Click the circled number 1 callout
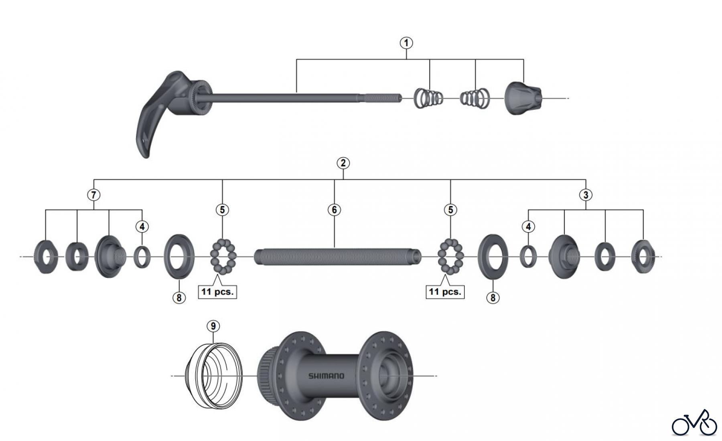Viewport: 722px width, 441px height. tap(406, 43)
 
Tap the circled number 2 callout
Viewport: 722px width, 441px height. tap(343, 163)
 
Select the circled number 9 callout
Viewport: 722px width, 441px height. tap(213, 326)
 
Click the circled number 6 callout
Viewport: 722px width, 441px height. tap(334, 210)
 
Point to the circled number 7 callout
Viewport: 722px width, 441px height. tap(93, 195)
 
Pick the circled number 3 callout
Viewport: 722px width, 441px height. tap(586, 195)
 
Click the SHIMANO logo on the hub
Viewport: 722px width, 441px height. tap(326, 376)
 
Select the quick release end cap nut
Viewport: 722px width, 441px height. tap(523, 98)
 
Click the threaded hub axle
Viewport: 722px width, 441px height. tap(338, 257)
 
